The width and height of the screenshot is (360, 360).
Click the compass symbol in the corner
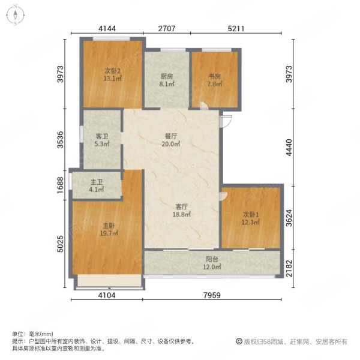(x=16, y=15)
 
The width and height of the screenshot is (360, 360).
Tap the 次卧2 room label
(x=113, y=71)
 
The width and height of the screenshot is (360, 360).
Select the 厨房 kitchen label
(x=167, y=76)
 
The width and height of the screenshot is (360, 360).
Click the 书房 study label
(x=214, y=76)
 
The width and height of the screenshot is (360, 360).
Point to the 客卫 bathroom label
(x=102, y=137)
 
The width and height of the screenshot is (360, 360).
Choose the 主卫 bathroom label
(x=97, y=182)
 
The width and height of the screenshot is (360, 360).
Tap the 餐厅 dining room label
(x=171, y=136)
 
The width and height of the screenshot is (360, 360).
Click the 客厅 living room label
(x=182, y=206)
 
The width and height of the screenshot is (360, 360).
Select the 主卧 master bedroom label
(x=109, y=226)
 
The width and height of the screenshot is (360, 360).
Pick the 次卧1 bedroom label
(x=251, y=215)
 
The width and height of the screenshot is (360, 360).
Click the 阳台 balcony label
(x=212, y=259)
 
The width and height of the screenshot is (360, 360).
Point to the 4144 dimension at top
(x=107, y=28)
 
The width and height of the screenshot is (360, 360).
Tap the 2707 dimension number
(x=167, y=28)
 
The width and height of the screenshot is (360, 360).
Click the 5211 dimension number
(x=236, y=28)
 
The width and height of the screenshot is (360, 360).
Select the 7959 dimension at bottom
(x=212, y=295)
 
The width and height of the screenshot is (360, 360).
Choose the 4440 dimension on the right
(x=289, y=148)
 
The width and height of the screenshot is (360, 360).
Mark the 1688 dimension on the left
(x=60, y=185)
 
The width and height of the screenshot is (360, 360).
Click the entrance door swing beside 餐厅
(x=226, y=122)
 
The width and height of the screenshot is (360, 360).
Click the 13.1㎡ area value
(x=113, y=79)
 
